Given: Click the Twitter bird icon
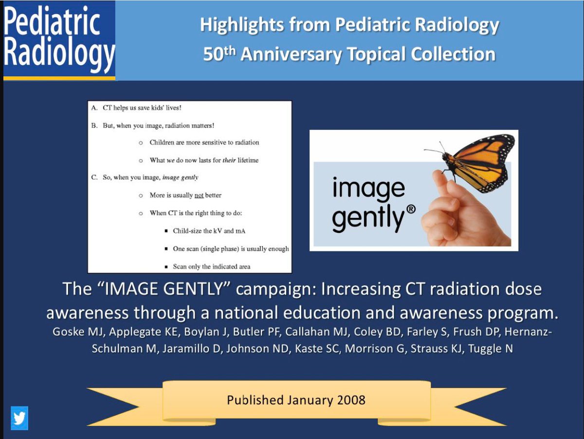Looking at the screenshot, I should pyautogui.click(x=19, y=418).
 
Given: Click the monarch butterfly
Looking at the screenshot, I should pyautogui.click(x=475, y=163).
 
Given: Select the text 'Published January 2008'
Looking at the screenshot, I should pyautogui.click(x=296, y=400).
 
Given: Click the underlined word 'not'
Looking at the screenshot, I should pyautogui.click(x=199, y=195).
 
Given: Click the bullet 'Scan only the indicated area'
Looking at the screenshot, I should pyautogui.click(x=212, y=267).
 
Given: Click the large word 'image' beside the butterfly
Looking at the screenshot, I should pyautogui.click(x=368, y=188).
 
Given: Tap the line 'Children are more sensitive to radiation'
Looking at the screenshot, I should pyautogui.click(x=204, y=142).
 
